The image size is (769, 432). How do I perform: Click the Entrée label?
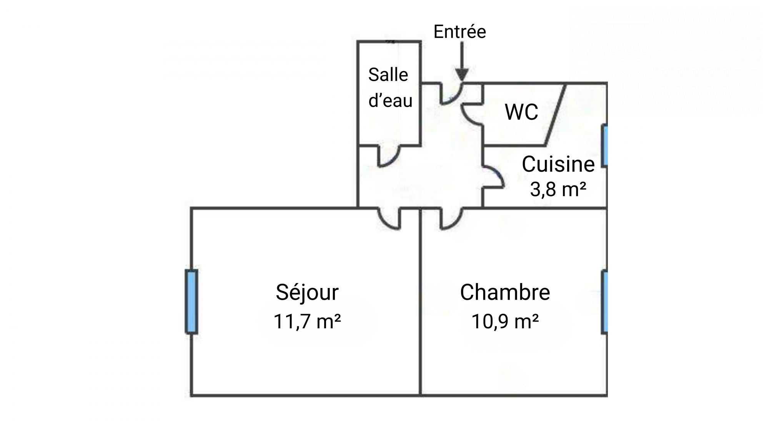click(x=459, y=31)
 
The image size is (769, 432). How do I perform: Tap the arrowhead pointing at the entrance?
click(x=462, y=75)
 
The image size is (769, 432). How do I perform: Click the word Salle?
click(x=388, y=74)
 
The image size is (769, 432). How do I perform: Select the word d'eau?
click(x=390, y=100)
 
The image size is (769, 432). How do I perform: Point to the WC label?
click(x=521, y=112)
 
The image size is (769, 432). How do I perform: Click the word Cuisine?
click(x=558, y=164)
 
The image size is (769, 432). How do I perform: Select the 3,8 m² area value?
click(x=558, y=189)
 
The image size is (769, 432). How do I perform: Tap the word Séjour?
click(x=307, y=293)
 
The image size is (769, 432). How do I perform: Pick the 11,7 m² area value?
click(x=307, y=321)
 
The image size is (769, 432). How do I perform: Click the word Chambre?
click(x=505, y=292)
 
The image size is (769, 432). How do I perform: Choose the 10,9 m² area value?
click(x=505, y=321)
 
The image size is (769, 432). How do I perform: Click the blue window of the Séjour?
click(x=191, y=301)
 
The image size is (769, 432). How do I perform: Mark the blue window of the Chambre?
click(x=604, y=301)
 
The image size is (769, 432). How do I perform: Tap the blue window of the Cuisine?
click(x=604, y=146)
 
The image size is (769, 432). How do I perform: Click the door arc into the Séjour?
click(x=384, y=223)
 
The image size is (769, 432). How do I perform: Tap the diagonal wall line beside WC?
click(x=555, y=115)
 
